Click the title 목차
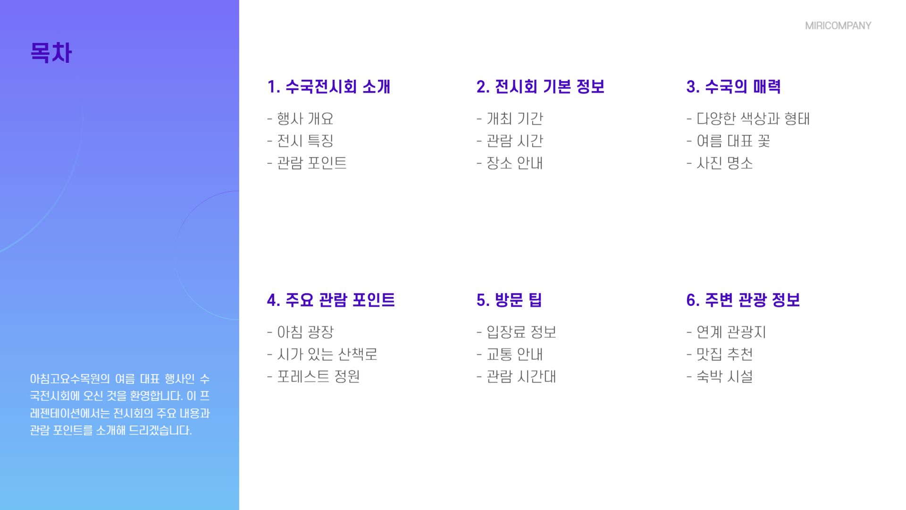click(x=51, y=52)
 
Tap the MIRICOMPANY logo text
click(x=838, y=25)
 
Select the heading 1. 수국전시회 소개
click(x=328, y=86)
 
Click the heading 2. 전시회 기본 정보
click(x=540, y=86)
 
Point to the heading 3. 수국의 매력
click(x=733, y=86)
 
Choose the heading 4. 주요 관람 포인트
click(x=331, y=300)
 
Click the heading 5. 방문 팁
click(x=509, y=300)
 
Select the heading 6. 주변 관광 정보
click(x=743, y=300)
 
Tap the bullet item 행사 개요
click(x=305, y=119)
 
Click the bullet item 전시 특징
click(x=305, y=141)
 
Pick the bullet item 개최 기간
click(x=515, y=119)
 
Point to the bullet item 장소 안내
click(x=515, y=163)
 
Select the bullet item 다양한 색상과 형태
click(x=753, y=119)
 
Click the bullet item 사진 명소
click(x=725, y=163)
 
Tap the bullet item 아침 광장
click(x=305, y=332)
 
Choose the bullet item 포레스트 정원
click(x=318, y=376)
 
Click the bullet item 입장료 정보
click(x=521, y=332)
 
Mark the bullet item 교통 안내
click(x=515, y=354)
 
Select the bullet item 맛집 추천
click(x=725, y=354)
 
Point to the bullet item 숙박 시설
click(x=725, y=376)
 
